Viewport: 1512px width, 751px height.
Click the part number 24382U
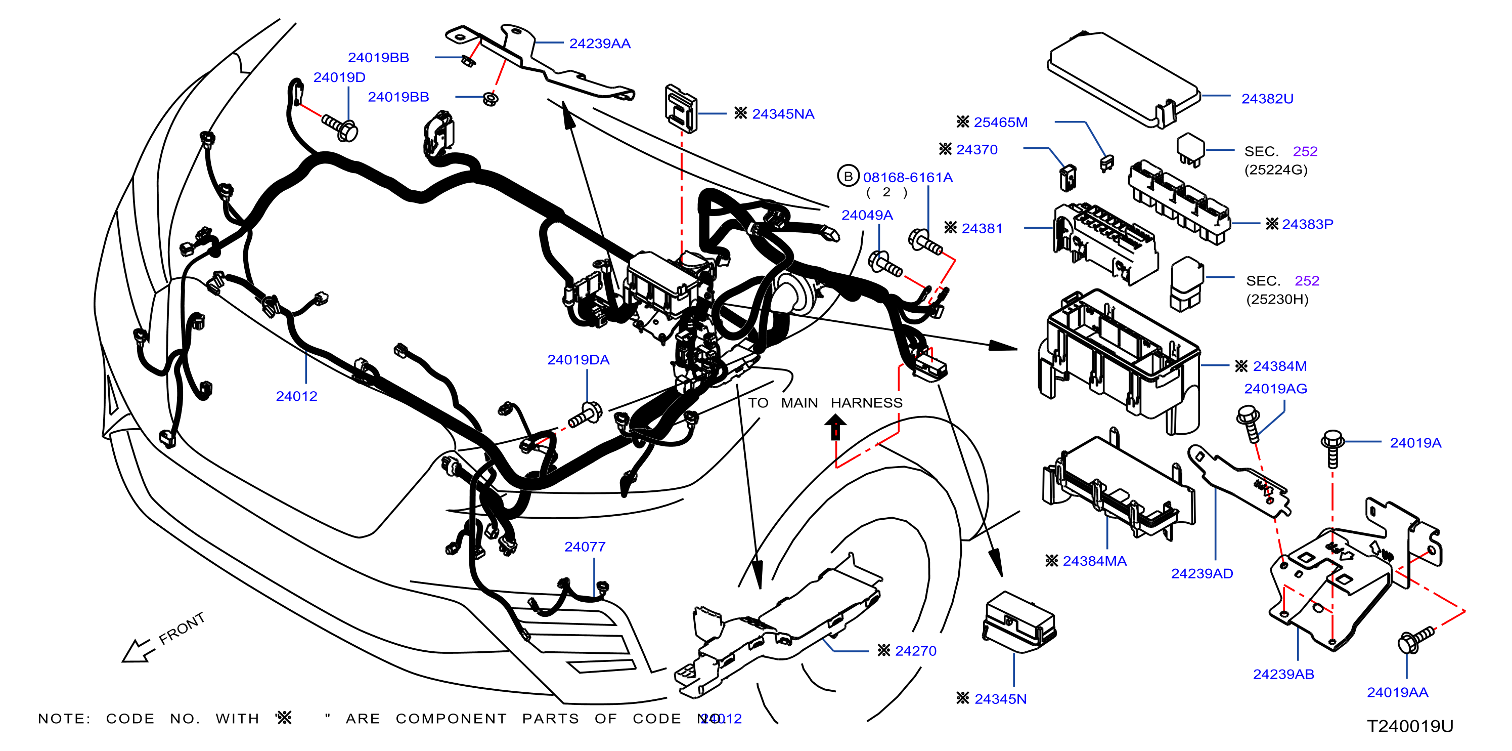[x=1267, y=99]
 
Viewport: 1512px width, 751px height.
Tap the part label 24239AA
[x=599, y=44]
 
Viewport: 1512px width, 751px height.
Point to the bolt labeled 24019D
[x=340, y=128]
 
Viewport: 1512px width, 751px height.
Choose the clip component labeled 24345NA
[x=680, y=108]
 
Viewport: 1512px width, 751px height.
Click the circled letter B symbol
[x=848, y=176]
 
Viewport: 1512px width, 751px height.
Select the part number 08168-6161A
[x=907, y=177]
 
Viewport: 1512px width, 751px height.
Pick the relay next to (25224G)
[x=1190, y=149]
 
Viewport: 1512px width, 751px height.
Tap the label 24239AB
[x=1283, y=674]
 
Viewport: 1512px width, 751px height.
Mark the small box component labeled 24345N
[x=1019, y=621]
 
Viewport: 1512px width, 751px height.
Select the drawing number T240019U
[x=1410, y=726]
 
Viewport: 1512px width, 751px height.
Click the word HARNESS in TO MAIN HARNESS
[x=866, y=403]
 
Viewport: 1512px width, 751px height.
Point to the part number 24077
[x=585, y=547]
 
